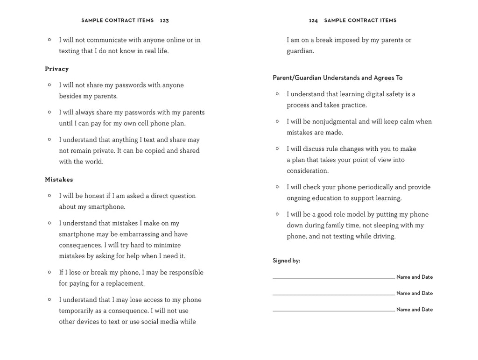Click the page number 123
tap(164, 21)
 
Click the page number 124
tap(313, 21)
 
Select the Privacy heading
tap(57, 69)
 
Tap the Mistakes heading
tap(59, 180)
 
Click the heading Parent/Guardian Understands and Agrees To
tap(337, 78)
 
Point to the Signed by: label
tap(286, 261)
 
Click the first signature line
tap(333, 278)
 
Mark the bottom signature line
tap(333, 311)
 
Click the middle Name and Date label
tap(415, 293)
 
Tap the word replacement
tap(125, 283)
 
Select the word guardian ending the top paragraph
tap(300, 51)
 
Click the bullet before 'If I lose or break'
tap(49, 272)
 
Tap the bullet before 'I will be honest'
tap(49, 195)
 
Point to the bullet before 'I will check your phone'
tap(277, 187)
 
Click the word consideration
tap(308, 171)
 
